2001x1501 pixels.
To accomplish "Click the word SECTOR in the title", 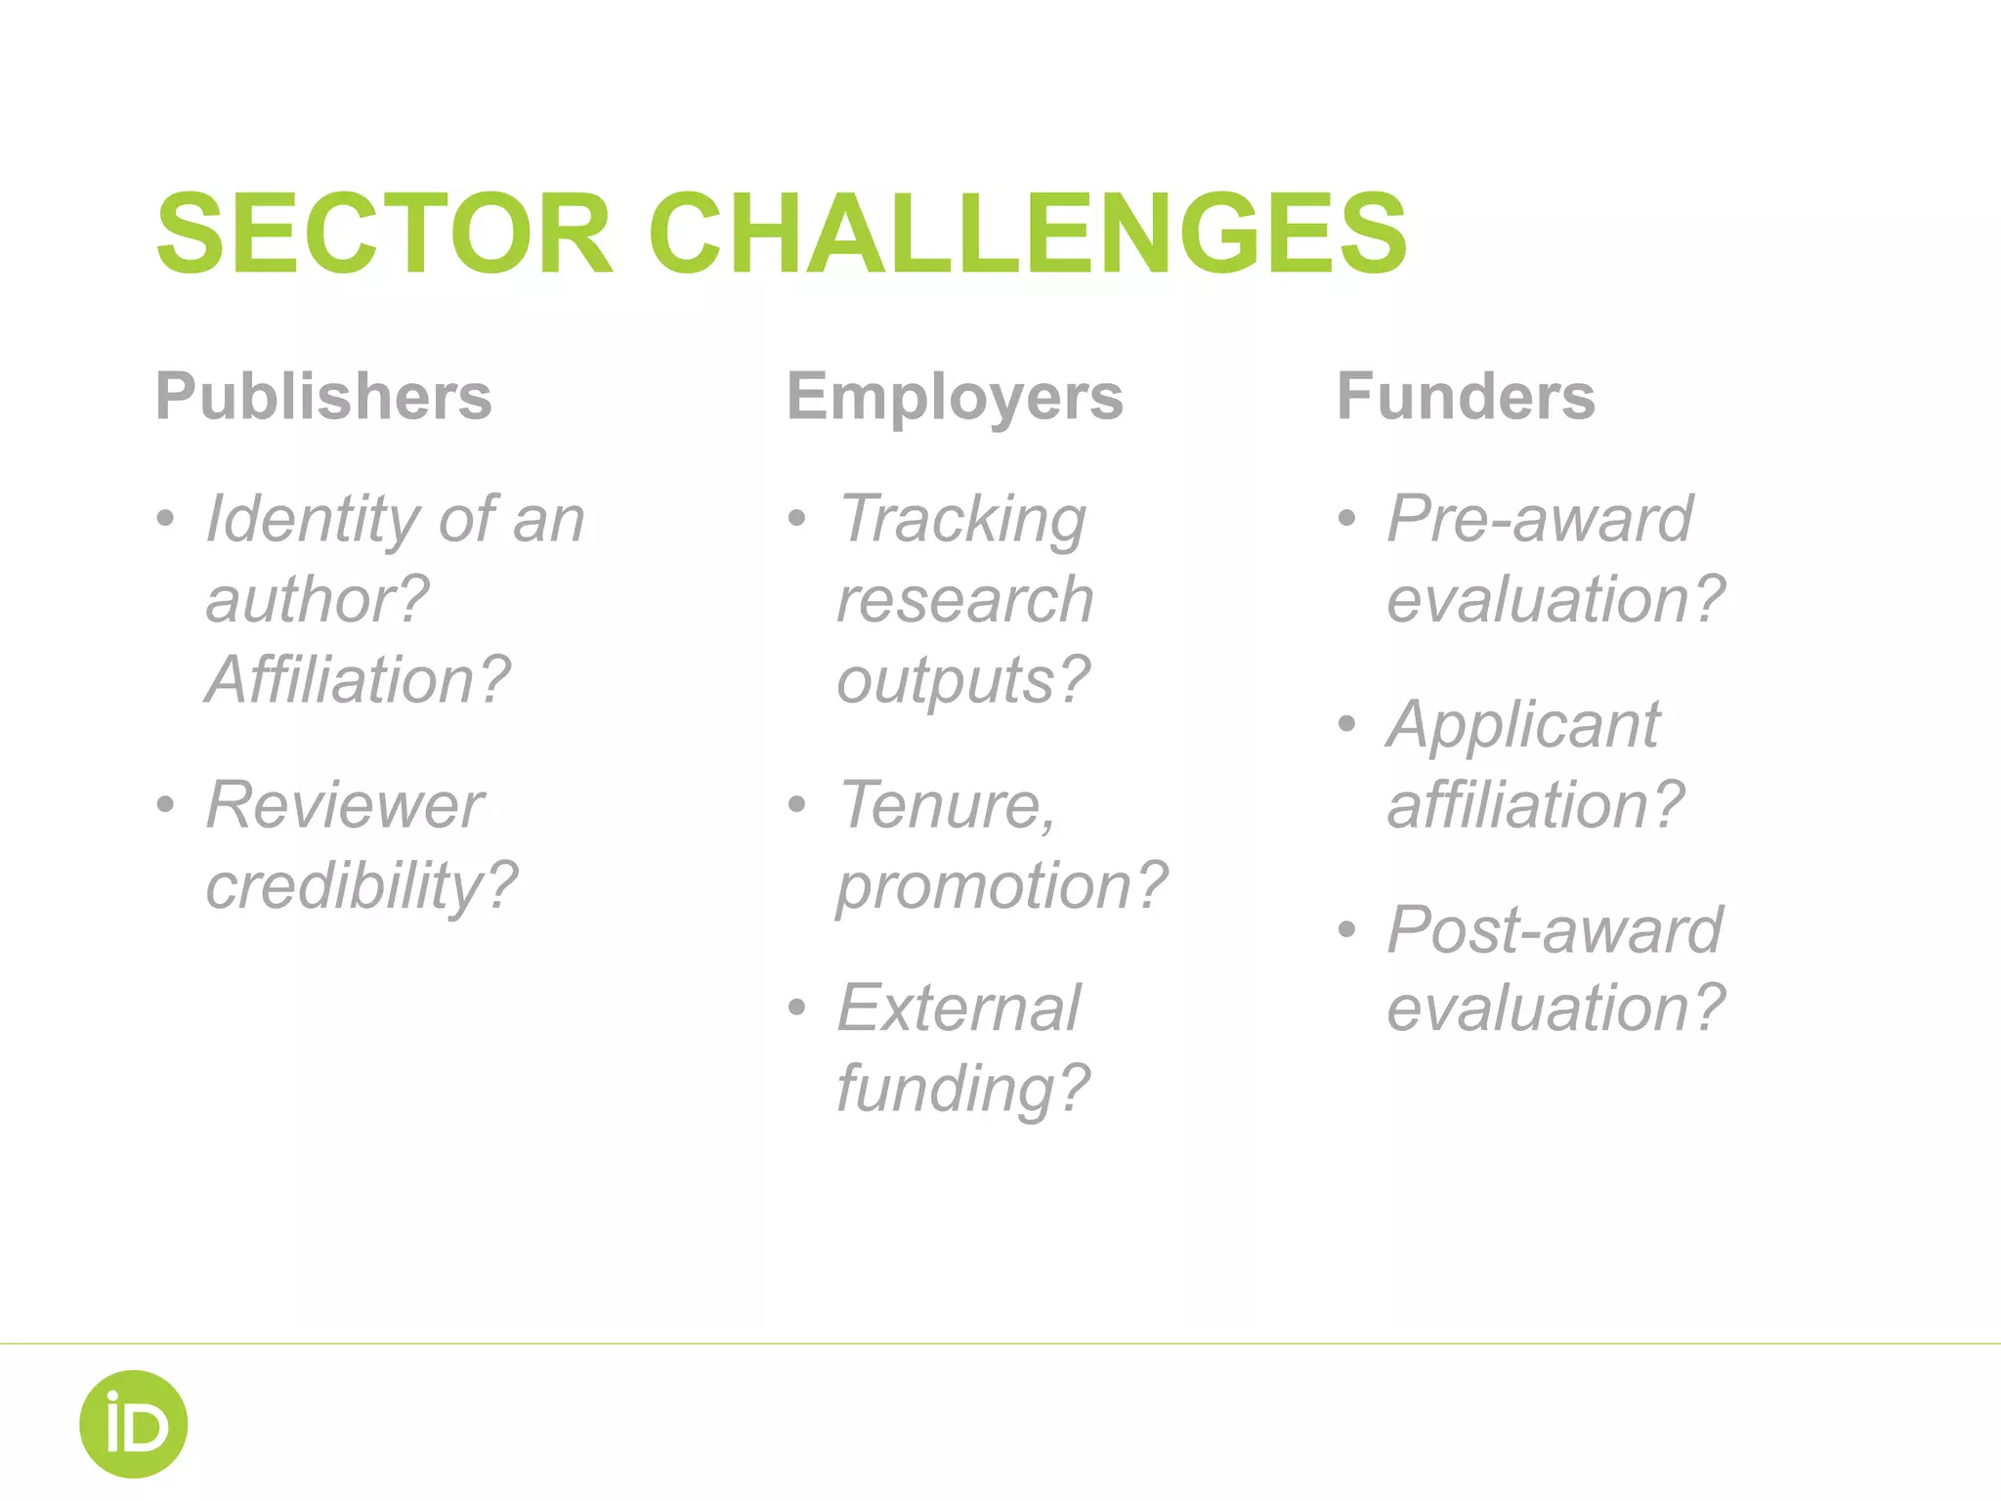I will pyautogui.click(x=384, y=234).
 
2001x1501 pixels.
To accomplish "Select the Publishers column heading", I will pyautogui.click(x=323, y=397).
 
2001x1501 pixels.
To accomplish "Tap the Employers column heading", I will pyautogui.click(x=955, y=397).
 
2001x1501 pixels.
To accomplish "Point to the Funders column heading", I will pyautogui.click(x=1466, y=397).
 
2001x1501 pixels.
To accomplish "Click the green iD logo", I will pyautogui.click(x=133, y=1424).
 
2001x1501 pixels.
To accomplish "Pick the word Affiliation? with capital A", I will pyautogui.click(x=358, y=679).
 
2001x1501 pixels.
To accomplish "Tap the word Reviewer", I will pyautogui.click(x=344, y=805).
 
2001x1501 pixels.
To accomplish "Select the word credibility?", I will pyautogui.click(x=362, y=886).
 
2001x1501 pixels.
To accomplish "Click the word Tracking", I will pyautogui.click(x=962, y=520).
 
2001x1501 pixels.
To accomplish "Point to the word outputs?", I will pyautogui.click(x=963, y=681).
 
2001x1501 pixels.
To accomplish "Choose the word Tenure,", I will pyautogui.click(x=947, y=805).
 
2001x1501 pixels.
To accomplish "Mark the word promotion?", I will pyautogui.click(x=1001, y=886).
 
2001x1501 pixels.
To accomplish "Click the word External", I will pyautogui.click(x=958, y=1008).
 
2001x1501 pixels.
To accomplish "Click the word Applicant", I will pyautogui.click(x=1523, y=725).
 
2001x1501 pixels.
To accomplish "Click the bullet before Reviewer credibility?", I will pyautogui.click(x=166, y=805).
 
